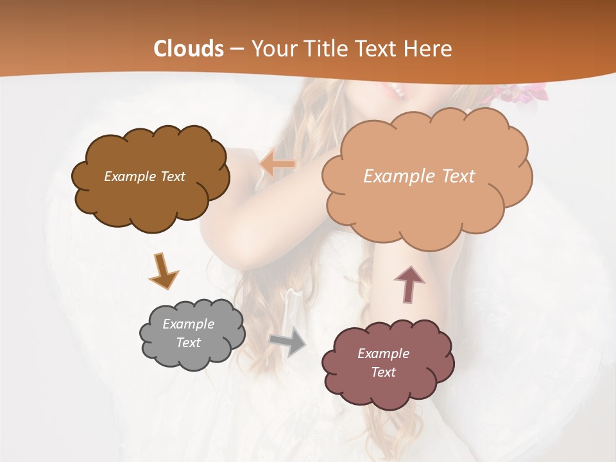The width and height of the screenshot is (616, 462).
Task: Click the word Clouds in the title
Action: (x=189, y=49)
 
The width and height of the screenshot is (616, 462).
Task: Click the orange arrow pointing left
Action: (x=277, y=164)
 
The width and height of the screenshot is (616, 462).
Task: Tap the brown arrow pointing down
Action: (x=164, y=272)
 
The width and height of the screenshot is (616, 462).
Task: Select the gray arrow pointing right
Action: (x=288, y=343)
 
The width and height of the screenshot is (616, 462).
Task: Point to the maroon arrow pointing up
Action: (x=409, y=284)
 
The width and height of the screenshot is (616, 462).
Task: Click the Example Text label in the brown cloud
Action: (x=144, y=176)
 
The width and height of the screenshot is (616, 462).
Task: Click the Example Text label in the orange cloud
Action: (x=419, y=176)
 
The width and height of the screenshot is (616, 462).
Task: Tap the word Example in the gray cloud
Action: (x=188, y=324)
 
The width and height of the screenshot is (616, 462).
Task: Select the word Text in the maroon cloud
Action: (x=383, y=372)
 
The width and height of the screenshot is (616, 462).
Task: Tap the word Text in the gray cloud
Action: (x=188, y=343)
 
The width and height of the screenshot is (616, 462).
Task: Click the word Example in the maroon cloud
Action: (x=383, y=354)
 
